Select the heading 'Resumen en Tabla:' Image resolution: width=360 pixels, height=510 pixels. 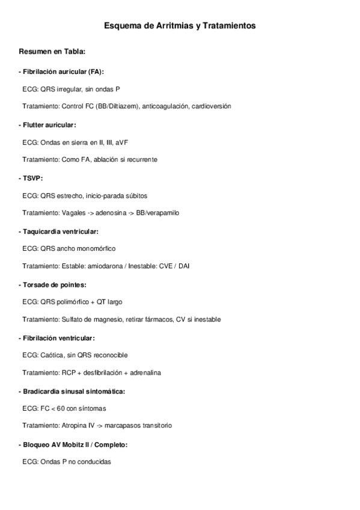[x=52, y=51]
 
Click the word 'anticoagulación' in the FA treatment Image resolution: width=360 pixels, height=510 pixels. [x=165, y=106]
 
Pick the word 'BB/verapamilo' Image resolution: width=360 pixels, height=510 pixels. [x=158, y=213]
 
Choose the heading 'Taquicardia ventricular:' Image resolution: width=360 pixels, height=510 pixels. [x=60, y=231]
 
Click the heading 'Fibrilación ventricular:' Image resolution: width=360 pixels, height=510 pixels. [x=59, y=338]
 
